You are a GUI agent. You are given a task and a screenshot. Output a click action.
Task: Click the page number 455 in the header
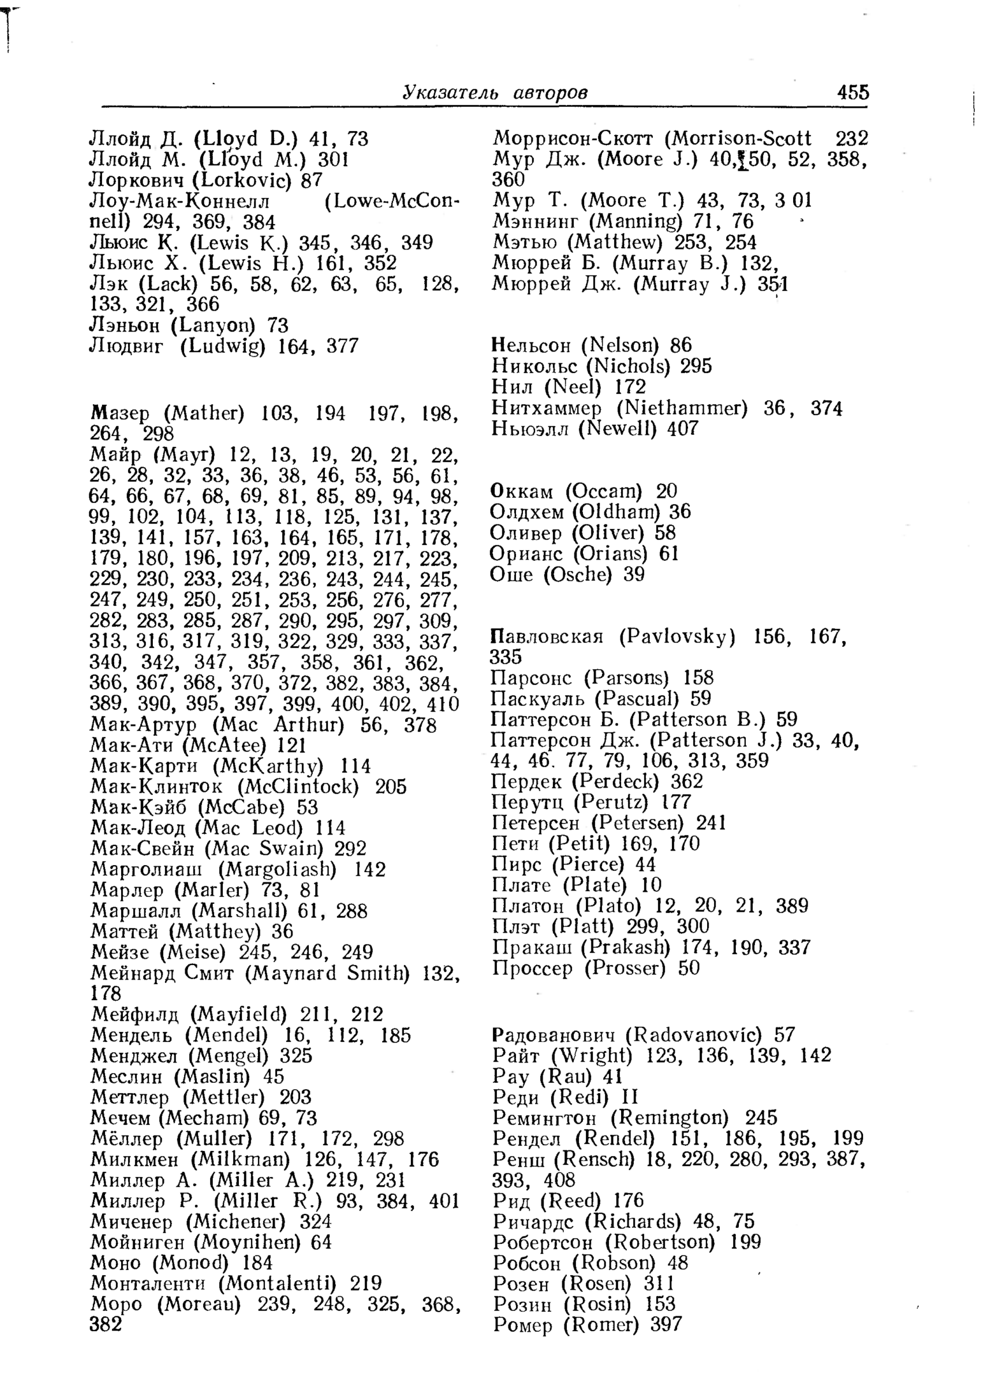853,92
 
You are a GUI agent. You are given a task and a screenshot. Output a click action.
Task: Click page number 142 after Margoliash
370,870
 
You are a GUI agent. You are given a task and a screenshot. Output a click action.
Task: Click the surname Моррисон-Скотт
573,139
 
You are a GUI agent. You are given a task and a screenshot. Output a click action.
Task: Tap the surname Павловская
547,637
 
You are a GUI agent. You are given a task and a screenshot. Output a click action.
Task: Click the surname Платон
528,906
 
